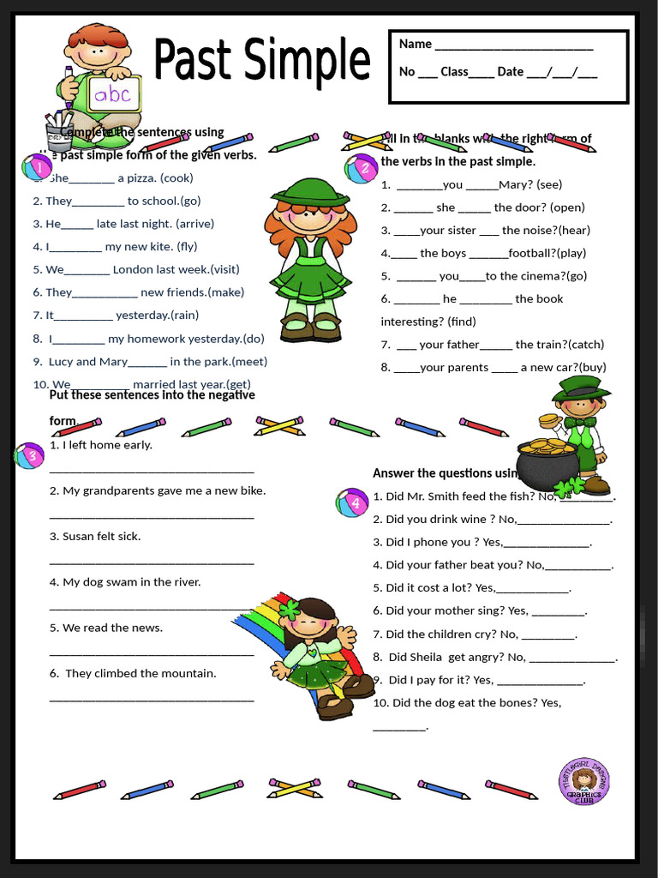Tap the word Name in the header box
[416, 44]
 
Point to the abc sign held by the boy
[111, 93]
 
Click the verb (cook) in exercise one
[177, 178]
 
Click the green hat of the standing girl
[309, 193]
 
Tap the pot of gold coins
[547, 464]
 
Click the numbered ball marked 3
[30, 455]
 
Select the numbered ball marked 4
[353, 502]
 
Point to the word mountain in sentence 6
[185, 673]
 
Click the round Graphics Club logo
[584, 781]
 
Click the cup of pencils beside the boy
[59, 131]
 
